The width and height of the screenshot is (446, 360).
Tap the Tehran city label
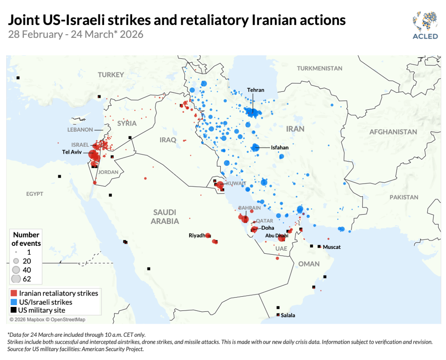click(255, 90)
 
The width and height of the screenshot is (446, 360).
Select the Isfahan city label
click(280, 148)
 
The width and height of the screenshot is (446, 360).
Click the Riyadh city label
click(197, 235)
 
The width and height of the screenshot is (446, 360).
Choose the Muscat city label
click(331, 247)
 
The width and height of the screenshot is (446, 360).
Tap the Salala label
click(288, 315)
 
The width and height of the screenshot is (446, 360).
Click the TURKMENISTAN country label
click(319, 68)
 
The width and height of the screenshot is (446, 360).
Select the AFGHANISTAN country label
click(393, 132)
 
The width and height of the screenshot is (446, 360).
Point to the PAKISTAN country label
click(404, 197)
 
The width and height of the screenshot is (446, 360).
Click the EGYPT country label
click(35, 194)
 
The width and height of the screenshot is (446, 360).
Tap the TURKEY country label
click(111, 75)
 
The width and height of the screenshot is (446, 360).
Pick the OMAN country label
click(309, 263)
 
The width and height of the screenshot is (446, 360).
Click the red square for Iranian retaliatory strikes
click(14, 293)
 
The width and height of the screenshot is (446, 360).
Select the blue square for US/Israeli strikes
click(14, 302)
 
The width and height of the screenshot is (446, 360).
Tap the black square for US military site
click(14, 310)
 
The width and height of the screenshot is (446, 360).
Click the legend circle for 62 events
click(16, 279)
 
